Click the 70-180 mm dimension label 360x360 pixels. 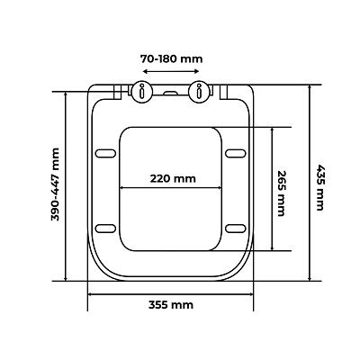pos(172,58)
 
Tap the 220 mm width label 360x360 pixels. pos(173,179)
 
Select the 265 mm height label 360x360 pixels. pos(281,193)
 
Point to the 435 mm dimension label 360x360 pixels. pos(320,187)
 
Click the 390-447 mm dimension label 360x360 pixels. pos(56,184)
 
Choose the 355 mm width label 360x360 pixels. pos(171,305)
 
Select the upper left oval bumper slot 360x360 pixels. pos(105,153)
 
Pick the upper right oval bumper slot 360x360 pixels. pos(236,153)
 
